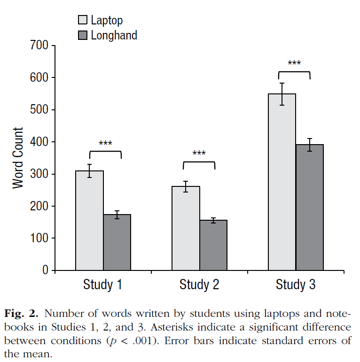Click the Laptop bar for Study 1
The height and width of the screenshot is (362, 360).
[90, 220]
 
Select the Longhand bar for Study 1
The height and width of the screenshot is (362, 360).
[117, 242]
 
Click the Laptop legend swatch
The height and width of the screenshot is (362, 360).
[82, 20]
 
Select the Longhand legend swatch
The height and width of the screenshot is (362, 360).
[82, 35]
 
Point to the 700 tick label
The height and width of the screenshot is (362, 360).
[39, 46]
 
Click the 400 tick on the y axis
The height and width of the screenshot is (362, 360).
[39, 142]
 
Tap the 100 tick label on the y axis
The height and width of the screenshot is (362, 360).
[39, 238]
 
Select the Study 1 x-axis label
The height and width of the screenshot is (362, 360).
[103, 285]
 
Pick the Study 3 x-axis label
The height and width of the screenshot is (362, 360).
[296, 285]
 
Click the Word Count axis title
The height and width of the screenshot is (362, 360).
[18, 158]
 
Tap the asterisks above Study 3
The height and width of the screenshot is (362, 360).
[294, 63]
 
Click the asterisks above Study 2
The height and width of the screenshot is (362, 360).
[199, 153]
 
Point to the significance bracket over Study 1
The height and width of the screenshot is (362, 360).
[105, 152]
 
